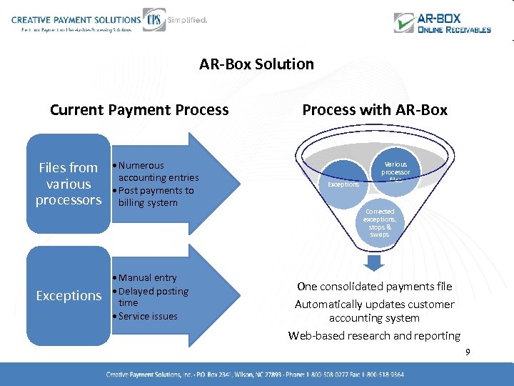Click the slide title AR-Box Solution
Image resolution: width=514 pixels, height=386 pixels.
click(256, 64)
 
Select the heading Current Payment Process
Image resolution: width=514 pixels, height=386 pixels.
click(139, 110)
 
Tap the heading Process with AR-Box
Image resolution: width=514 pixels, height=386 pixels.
click(375, 110)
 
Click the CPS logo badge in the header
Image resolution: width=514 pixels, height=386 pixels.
click(153, 19)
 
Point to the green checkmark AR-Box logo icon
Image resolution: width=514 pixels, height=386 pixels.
click(405, 22)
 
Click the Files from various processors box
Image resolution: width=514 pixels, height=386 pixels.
click(69, 184)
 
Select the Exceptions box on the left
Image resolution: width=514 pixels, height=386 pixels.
click(69, 295)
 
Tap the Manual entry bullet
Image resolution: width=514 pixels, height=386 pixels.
click(147, 277)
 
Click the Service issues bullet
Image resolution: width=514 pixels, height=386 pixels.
click(147, 316)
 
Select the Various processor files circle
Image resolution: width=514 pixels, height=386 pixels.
click(395, 172)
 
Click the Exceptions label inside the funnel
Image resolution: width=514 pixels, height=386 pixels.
click(343, 184)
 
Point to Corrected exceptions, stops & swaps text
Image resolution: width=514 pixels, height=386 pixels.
click(380, 223)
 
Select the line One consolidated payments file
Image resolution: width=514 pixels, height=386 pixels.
click(375, 287)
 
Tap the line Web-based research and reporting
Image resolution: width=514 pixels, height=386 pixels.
click(375, 335)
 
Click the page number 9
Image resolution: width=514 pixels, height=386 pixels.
click(468, 352)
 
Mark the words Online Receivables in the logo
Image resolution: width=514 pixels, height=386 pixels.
click(454, 30)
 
